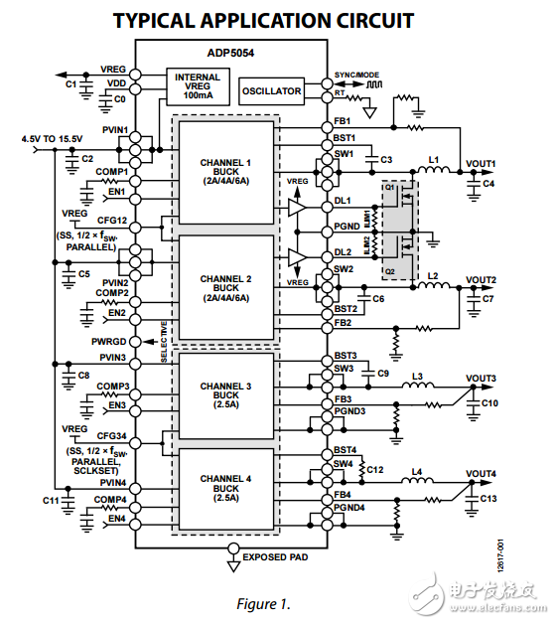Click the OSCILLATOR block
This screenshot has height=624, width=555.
271,91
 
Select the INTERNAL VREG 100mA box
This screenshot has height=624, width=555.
197,84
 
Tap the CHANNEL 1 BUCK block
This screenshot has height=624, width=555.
225,171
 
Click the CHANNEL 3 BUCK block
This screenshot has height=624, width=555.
225,393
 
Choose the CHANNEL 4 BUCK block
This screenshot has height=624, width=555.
225,492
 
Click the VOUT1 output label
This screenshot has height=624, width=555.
481,163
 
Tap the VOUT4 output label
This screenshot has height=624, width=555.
481,473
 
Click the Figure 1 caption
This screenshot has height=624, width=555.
262,603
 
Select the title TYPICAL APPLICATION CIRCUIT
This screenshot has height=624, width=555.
262,20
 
